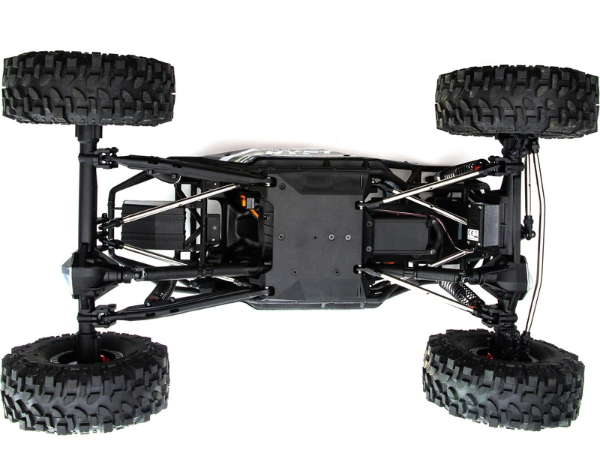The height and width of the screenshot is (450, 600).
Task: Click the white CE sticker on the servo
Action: [x=472, y=233]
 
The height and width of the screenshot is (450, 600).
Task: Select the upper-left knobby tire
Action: [x=88, y=88]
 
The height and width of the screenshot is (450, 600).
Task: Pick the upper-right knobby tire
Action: [x=517, y=101]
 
